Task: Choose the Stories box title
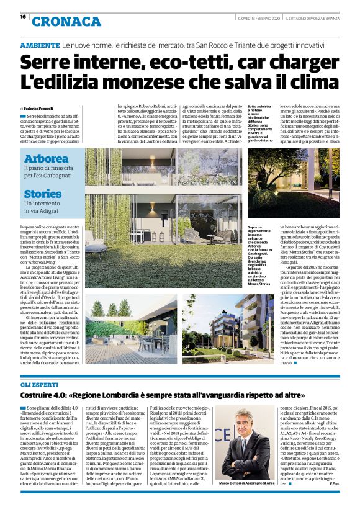43,193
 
